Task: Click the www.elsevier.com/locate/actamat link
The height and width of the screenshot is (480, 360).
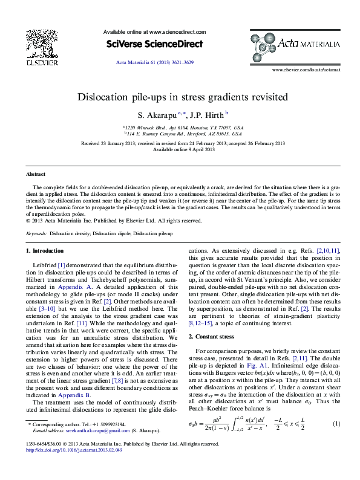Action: coord(306,70)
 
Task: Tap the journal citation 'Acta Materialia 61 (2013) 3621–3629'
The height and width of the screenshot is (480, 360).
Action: coord(154,62)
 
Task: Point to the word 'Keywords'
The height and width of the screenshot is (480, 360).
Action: coord(36,233)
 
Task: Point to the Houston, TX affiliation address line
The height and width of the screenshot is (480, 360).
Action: coord(185,128)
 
